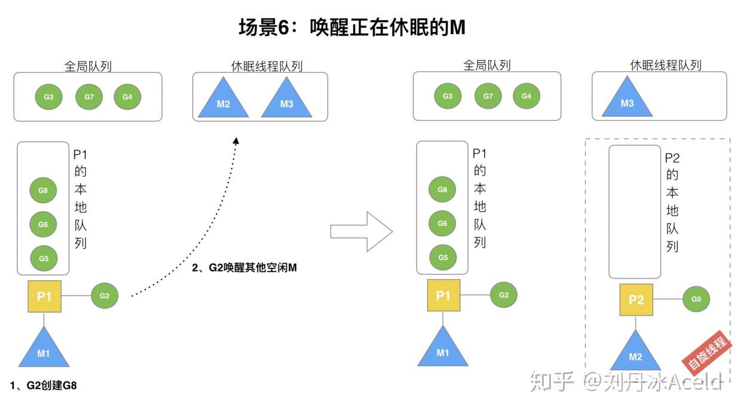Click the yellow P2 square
pos(636,300)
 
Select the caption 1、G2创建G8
pos(44,386)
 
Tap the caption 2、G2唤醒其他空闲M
pos(244,268)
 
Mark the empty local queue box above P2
pos(634,212)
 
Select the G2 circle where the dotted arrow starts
pos(105,295)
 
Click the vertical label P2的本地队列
pos(672,202)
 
